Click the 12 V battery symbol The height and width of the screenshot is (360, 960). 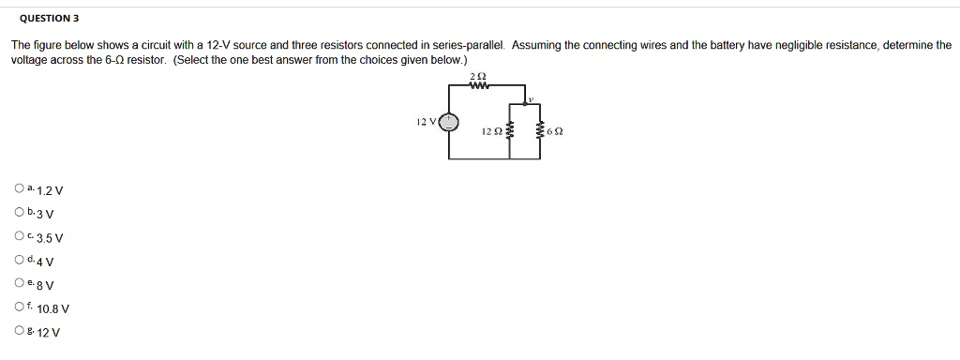(x=450, y=122)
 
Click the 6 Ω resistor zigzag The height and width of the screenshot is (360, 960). (x=541, y=131)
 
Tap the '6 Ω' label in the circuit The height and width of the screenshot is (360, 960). (x=555, y=132)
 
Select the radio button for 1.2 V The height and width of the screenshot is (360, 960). (x=19, y=189)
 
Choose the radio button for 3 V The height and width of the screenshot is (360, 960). (x=19, y=213)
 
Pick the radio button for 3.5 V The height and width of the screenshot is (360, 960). (x=19, y=236)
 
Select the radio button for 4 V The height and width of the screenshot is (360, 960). (x=19, y=260)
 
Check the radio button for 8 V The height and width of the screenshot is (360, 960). (x=19, y=283)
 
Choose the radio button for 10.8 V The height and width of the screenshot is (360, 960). (x=19, y=307)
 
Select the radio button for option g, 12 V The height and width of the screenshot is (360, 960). (x=19, y=330)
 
